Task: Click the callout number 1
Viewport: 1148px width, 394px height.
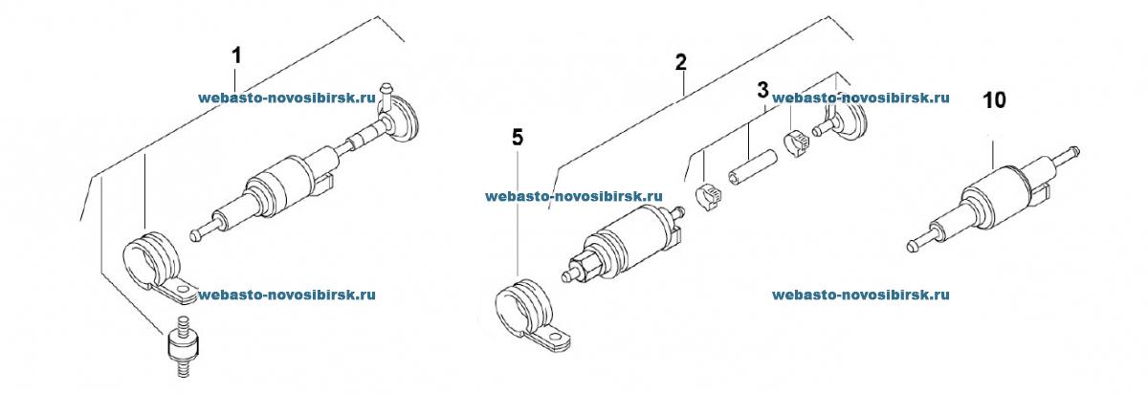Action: coord(236,55)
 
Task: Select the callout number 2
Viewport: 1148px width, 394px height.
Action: coord(680,62)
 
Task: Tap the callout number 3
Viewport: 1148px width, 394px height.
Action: coord(763,91)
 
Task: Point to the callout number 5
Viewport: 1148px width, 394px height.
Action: coord(519,138)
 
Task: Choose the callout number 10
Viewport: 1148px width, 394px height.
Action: coord(994,100)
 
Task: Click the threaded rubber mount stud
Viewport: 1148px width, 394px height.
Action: coord(182,346)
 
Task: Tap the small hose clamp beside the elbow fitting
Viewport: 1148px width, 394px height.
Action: coord(797,144)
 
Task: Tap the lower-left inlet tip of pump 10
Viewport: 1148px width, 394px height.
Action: coord(912,246)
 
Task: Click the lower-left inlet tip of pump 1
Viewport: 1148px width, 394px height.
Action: coord(196,234)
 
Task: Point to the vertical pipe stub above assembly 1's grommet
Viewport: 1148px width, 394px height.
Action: coord(386,96)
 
